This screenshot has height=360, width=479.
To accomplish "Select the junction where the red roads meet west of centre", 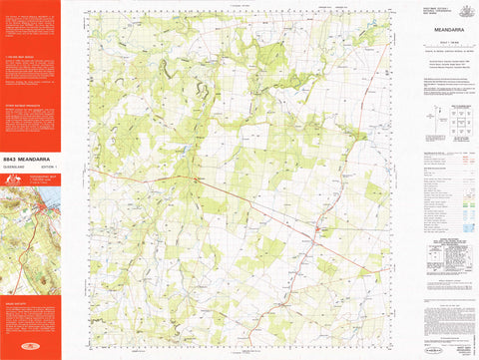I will tap(198, 180).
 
